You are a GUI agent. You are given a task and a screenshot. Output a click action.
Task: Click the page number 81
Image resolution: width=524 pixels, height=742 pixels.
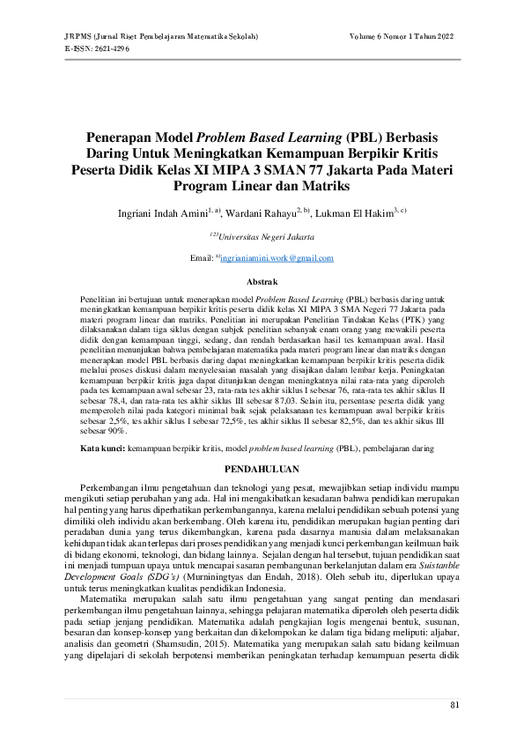(x=454, y=704)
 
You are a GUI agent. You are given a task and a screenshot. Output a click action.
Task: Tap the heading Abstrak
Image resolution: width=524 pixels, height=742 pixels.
(x=261, y=281)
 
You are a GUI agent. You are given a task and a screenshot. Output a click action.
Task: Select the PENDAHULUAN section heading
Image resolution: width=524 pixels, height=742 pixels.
(x=262, y=470)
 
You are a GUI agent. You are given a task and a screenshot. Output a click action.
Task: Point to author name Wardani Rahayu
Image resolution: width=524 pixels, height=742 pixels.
(x=262, y=213)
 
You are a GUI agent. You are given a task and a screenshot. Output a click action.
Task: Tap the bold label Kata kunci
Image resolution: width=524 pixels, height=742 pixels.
(x=100, y=448)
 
